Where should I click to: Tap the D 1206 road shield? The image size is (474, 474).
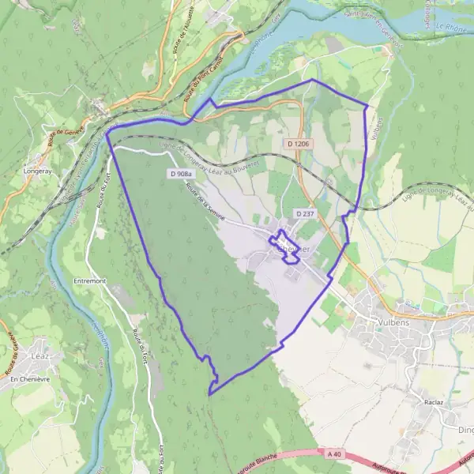[x=299, y=144]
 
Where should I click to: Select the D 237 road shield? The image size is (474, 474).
[x=305, y=213]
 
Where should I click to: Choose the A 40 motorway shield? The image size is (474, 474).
[x=335, y=453]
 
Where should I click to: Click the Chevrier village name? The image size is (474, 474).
[x=294, y=248]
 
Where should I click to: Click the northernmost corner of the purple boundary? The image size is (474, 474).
[x=312, y=79]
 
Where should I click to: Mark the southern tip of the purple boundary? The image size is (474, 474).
[x=209, y=393]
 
